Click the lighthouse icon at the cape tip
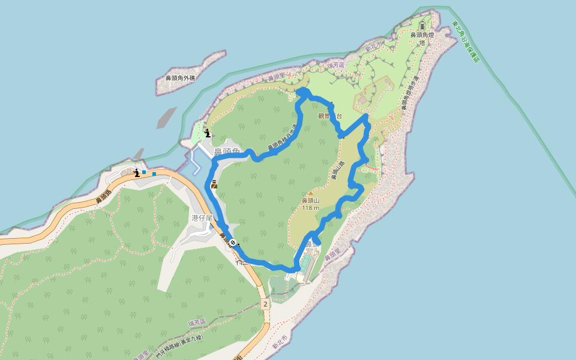[422, 26]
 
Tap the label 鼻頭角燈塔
[422, 38]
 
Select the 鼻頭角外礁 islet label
[180, 78]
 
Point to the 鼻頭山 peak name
[310, 200]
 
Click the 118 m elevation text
[310, 208]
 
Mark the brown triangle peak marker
[310, 193]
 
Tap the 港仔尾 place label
[202, 218]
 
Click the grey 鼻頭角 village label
[227, 151]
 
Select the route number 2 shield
[265, 305]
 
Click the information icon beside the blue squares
[137, 173]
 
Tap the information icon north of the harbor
[207, 133]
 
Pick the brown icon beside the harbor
[214, 185]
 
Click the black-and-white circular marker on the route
[233, 242]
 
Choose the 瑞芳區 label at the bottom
[196, 323]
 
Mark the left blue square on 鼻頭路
[144, 172]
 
